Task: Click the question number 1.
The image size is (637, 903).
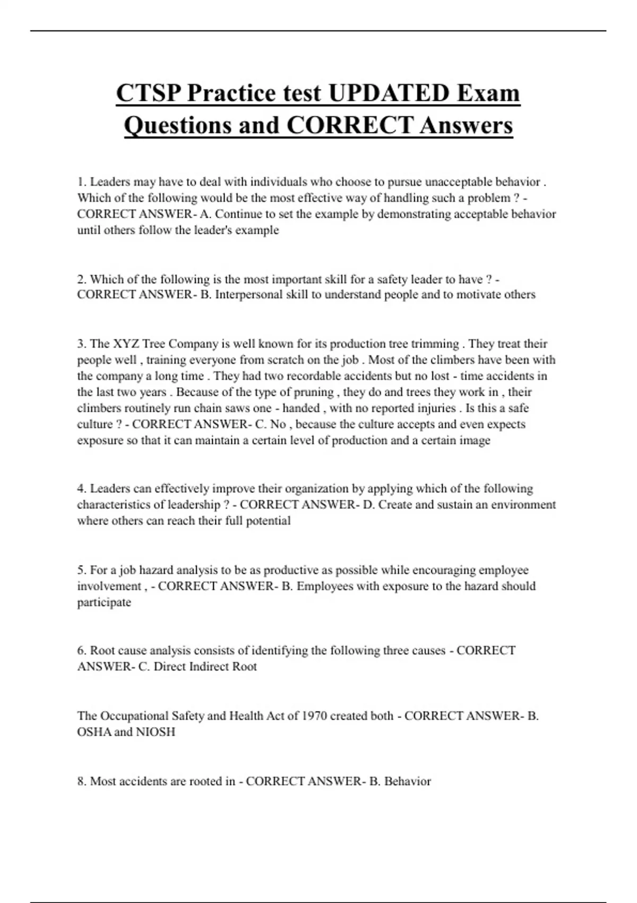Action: (x=81, y=182)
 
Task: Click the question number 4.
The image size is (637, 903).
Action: (x=81, y=489)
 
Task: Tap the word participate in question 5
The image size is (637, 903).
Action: (x=104, y=602)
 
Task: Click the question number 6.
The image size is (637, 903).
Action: (x=81, y=651)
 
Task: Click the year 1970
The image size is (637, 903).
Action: (x=314, y=716)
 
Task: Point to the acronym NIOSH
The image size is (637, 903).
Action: (x=155, y=732)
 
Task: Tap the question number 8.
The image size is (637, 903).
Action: (x=81, y=781)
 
